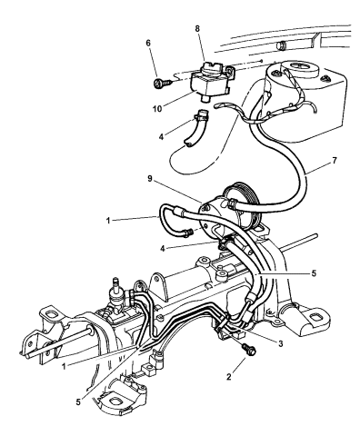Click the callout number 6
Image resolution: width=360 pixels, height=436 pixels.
148,43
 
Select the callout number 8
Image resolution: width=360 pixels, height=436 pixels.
197,29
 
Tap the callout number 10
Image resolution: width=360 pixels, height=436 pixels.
157,108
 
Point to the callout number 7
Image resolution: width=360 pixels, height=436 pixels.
335,160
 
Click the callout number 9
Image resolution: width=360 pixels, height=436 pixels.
150,179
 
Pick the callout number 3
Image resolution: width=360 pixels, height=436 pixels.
281,343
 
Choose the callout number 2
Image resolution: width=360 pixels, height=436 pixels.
229,376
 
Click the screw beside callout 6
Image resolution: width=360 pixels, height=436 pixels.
163,83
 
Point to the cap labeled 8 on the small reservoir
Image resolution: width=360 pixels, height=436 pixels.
213,69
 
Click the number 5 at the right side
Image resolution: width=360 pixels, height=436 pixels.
314,273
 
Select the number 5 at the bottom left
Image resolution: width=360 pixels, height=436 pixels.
78,402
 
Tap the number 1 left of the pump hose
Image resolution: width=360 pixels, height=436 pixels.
108,221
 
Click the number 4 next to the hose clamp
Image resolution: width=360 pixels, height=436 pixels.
161,137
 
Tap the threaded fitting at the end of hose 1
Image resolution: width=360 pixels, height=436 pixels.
187,233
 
